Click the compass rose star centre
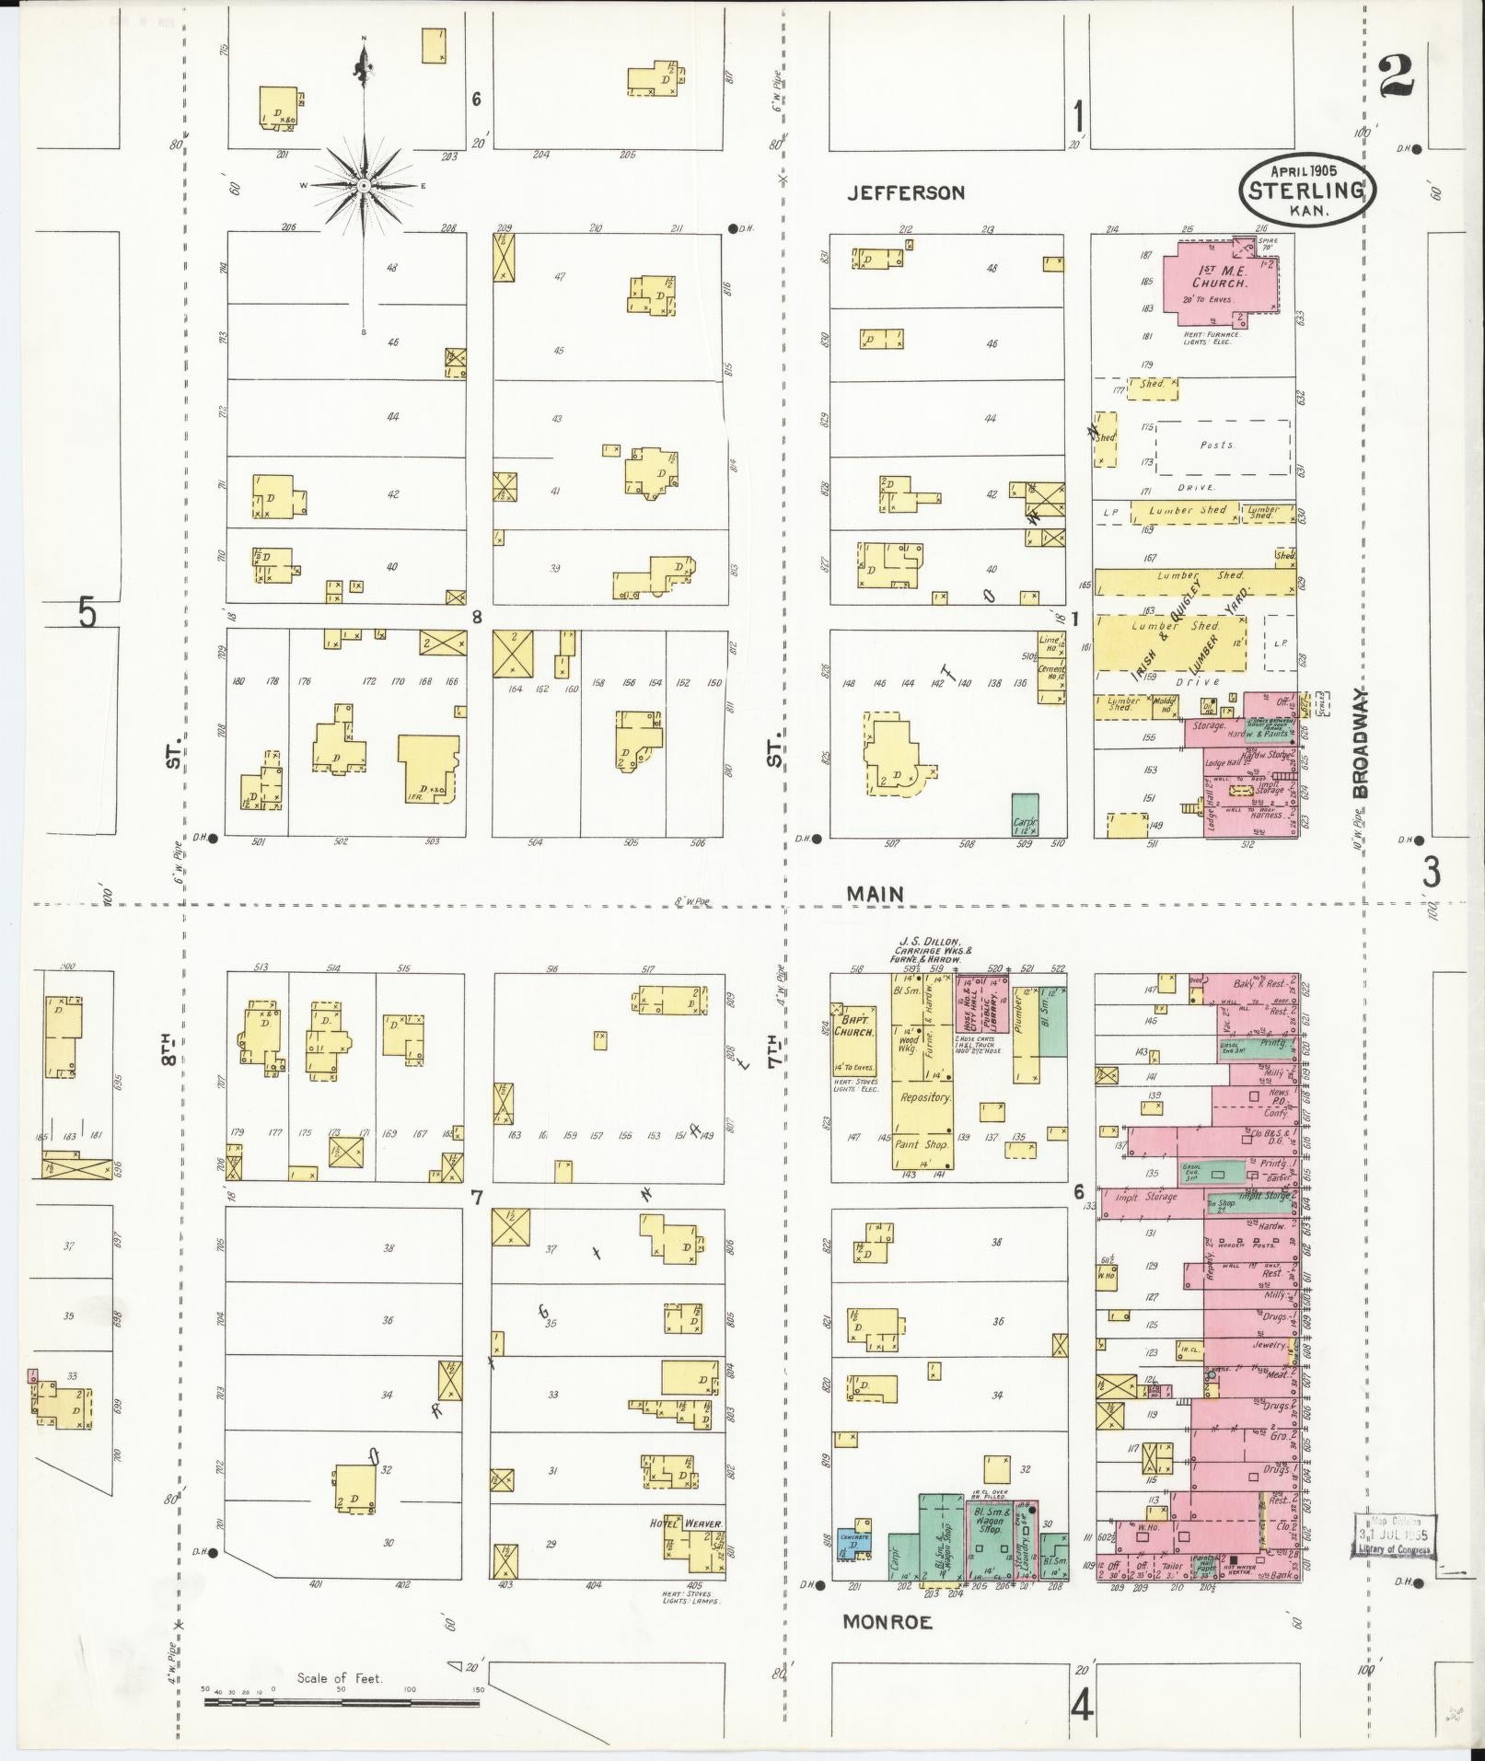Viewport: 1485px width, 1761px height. [x=365, y=185]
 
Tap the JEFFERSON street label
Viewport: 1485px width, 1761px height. [x=906, y=192]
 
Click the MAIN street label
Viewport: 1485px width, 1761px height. [x=876, y=893]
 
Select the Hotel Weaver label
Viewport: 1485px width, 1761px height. [x=687, y=1523]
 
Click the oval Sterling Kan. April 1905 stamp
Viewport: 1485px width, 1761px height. [x=1305, y=187]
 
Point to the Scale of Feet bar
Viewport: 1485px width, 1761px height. [x=341, y=1702]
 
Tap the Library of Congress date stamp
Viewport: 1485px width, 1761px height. [x=1394, y=1535]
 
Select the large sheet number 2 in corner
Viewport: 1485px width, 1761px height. [x=1397, y=76]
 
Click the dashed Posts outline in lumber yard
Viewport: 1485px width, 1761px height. [x=1223, y=446]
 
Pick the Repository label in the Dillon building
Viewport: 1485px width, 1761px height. [x=924, y=1097]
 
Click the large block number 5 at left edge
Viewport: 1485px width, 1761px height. [x=87, y=612]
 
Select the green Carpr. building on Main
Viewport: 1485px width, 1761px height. [x=1025, y=815]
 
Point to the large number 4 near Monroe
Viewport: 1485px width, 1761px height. [x=1081, y=1707]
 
